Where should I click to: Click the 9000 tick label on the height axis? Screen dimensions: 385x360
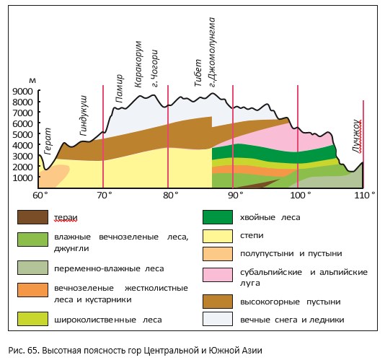click(22, 92)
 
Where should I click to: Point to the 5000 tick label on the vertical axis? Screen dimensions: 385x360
click(22, 135)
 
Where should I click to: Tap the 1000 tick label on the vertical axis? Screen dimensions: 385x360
click(22, 178)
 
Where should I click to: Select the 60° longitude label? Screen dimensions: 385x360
click(40, 196)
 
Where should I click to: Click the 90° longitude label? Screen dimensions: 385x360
click(235, 196)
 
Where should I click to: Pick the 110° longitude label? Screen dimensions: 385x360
click(365, 196)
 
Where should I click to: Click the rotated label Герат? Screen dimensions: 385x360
click(48, 141)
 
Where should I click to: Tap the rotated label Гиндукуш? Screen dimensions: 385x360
click(84, 115)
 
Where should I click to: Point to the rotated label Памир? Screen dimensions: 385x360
click(119, 89)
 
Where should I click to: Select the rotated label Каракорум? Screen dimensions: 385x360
click(138, 64)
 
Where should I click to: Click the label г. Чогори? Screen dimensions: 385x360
click(154, 69)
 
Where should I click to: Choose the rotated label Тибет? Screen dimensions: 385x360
click(198, 73)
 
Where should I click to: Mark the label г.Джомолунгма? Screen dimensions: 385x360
click(212, 52)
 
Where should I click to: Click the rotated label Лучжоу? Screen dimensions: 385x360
click(358, 136)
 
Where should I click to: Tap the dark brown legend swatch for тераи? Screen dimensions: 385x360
click(32, 217)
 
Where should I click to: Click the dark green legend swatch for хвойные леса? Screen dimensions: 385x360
click(218, 217)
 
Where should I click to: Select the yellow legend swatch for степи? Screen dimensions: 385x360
click(218, 236)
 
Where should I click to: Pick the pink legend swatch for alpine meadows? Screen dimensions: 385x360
click(218, 275)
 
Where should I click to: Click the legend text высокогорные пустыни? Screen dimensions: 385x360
click(291, 302)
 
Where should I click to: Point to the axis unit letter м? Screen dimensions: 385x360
click(32, 81)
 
